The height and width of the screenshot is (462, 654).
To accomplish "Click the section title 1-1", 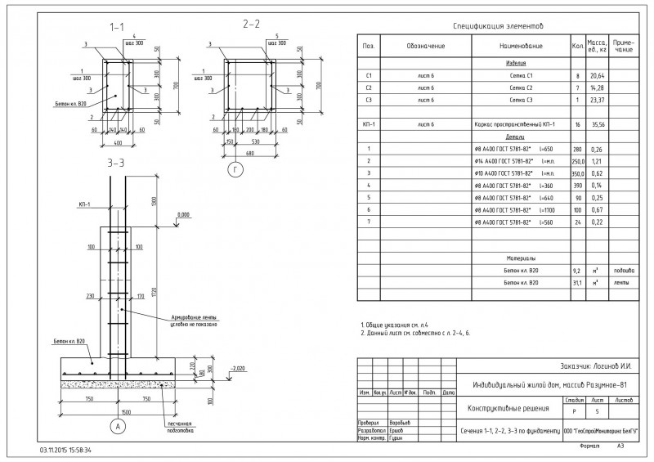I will pos(117,27).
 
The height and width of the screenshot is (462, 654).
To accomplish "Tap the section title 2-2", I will pos(252,24).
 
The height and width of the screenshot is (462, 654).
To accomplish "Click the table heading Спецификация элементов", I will pos(496,27).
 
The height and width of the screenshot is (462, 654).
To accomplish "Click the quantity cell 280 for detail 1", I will pos(578,149).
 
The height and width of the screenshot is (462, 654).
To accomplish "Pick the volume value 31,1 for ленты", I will pos(577,283).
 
